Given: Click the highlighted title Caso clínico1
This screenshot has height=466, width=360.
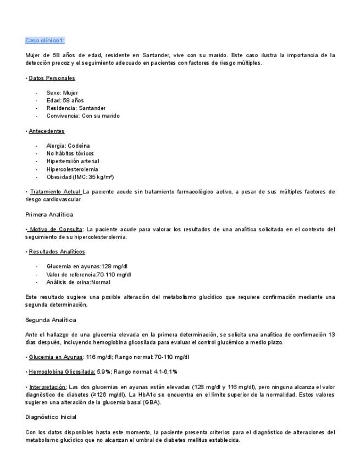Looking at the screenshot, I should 45,41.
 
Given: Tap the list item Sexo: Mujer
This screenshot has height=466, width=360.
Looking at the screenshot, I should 62,93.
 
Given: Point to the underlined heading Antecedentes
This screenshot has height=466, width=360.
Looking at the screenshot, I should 46,131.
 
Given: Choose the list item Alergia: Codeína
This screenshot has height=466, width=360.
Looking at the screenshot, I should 68,146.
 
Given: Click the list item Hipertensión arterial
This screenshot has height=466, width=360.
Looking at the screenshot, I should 73,161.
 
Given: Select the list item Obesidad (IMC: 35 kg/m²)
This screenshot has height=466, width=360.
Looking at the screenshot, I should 80,177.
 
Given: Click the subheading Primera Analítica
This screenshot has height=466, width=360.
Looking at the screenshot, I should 49,214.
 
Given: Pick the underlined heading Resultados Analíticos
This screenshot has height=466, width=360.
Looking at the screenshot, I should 57,252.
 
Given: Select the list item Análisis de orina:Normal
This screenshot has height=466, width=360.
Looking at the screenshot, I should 79,282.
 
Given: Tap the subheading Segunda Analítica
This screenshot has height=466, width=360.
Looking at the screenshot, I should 51,319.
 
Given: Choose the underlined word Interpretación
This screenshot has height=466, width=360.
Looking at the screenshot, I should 47,386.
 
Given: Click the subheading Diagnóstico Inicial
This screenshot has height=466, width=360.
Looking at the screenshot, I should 51,417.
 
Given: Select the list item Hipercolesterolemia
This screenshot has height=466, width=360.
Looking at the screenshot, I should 73,169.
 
